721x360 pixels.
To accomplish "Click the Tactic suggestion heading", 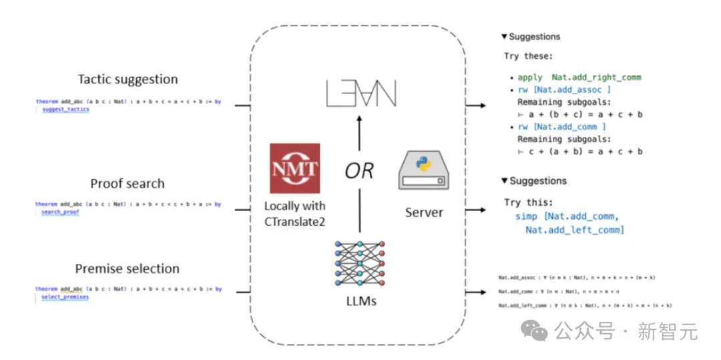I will pos(128,79).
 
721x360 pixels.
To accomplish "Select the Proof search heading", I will pos(128,184).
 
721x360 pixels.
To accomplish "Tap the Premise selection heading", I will pos(128,268).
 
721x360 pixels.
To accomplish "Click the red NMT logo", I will pos(294,168).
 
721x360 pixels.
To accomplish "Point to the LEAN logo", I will pos(359,93).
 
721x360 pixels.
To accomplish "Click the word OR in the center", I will pos(359,171).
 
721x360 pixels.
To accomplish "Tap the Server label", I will pos(424,213).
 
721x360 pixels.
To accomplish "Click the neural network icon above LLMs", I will pos(359,264).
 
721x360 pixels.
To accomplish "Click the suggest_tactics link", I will pos(65,109).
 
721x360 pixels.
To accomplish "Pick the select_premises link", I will pos(65,297).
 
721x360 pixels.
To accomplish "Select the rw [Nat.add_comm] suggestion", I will pos(561,127).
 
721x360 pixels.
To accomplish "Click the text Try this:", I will pos(531,202).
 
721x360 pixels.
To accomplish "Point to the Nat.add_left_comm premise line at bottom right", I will pos(585,305).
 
